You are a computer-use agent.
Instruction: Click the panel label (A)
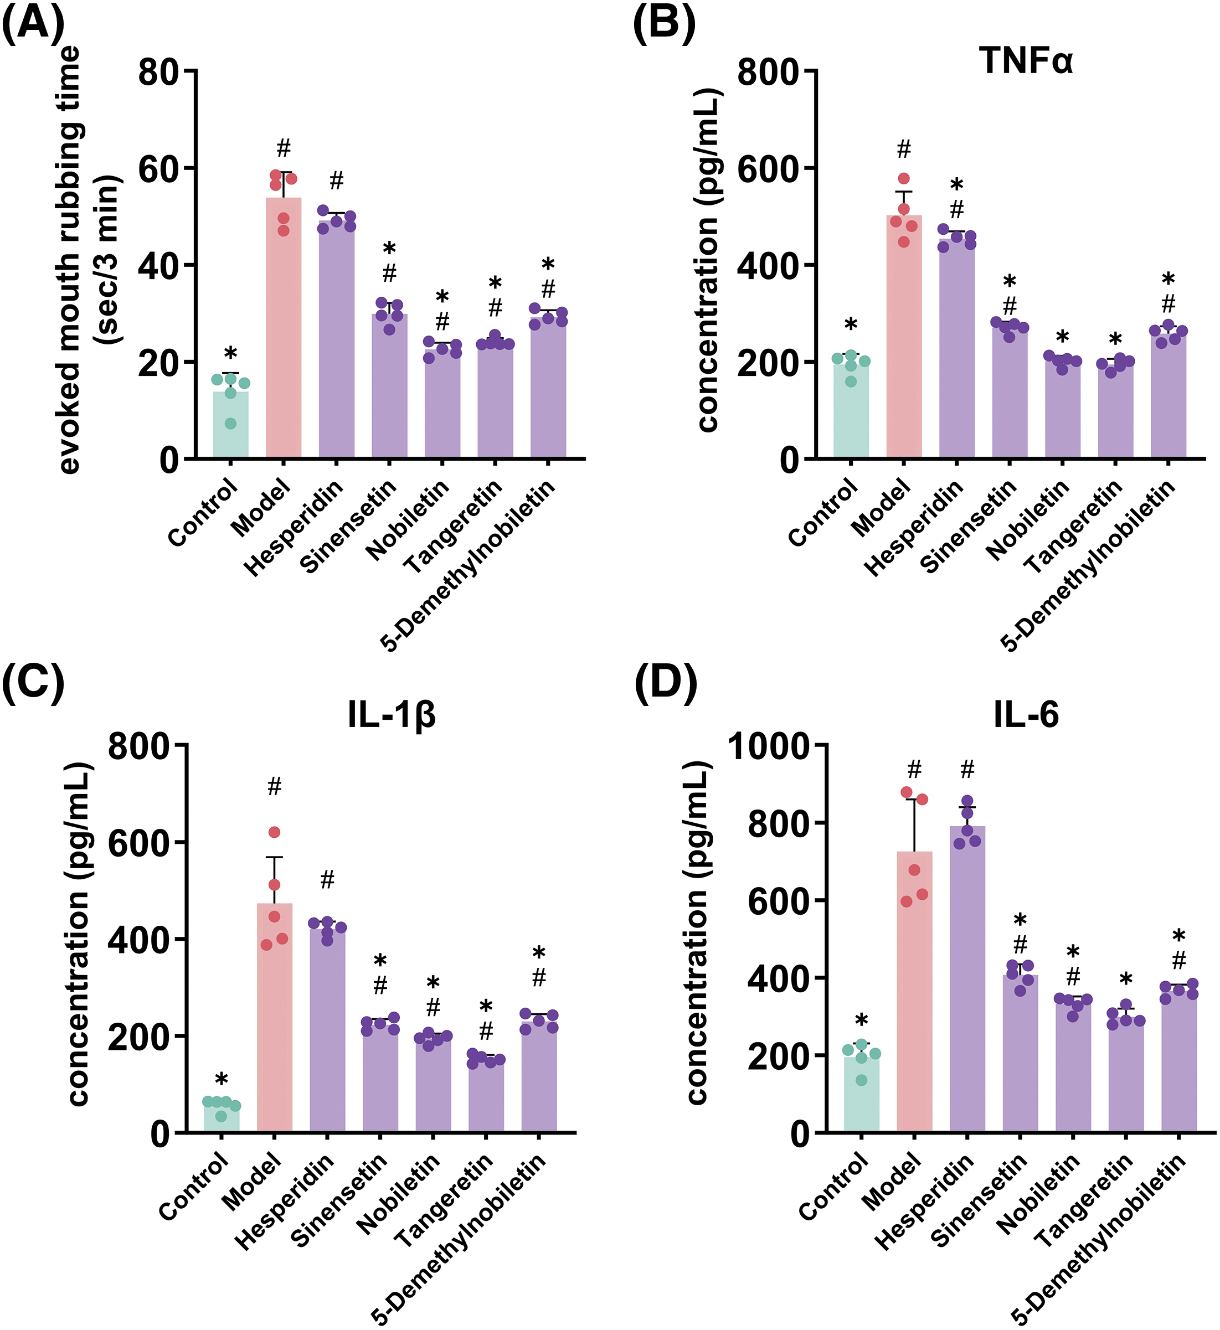click(x=33, y=24)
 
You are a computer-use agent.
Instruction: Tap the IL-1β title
click(x=392, y=714)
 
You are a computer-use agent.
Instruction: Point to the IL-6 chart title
click(x=1026, y=714)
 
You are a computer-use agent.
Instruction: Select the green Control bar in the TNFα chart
click(x=851, y=413)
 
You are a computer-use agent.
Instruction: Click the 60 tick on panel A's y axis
click(x=158, y=169)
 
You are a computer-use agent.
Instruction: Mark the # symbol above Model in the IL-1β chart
click(x=275, y=787)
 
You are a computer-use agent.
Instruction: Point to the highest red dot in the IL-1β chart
click(x=275, y=832)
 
